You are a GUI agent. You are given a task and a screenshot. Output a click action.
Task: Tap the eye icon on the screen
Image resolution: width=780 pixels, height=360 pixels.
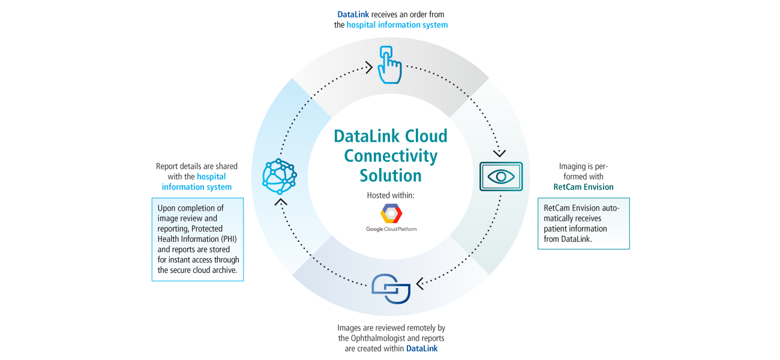click(x=501, y=176)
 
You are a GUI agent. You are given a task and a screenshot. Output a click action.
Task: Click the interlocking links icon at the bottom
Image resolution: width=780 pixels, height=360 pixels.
click(x=391, y=289)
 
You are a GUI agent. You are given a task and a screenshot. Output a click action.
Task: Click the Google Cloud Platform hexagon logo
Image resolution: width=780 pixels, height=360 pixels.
click(x=391, y=213)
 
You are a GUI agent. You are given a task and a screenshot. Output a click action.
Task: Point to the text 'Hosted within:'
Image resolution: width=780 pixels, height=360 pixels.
click(x=391, y=196)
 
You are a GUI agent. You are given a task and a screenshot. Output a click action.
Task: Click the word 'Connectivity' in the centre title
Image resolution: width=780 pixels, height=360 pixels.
click(x=391, y=156)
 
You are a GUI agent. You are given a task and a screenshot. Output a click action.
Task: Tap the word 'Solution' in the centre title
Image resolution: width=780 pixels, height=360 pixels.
click(x=391, y=176)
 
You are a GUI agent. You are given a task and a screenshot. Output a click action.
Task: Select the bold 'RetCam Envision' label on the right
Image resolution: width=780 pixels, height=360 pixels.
click(x=583, y=187)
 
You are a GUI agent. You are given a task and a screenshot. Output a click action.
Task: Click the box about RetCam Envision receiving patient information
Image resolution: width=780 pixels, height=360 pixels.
click(x=583, y=223)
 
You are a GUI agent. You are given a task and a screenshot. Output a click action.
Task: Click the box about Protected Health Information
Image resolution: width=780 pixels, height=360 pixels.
click(x=198, y=239)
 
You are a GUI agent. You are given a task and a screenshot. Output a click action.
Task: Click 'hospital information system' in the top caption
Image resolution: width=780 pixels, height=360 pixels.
click(x=397, y=25)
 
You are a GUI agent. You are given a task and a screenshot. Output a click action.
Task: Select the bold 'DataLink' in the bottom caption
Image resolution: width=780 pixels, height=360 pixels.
click(x=422, y=348)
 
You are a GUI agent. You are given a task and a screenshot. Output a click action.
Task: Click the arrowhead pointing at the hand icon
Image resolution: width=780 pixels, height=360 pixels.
click(x=368, y=68)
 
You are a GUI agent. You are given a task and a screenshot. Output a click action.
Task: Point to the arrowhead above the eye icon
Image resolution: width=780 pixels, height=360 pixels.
click(x=499, y=154)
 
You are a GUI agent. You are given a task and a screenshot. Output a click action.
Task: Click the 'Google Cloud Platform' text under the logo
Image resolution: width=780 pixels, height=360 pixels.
click(x=391, y=229)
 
